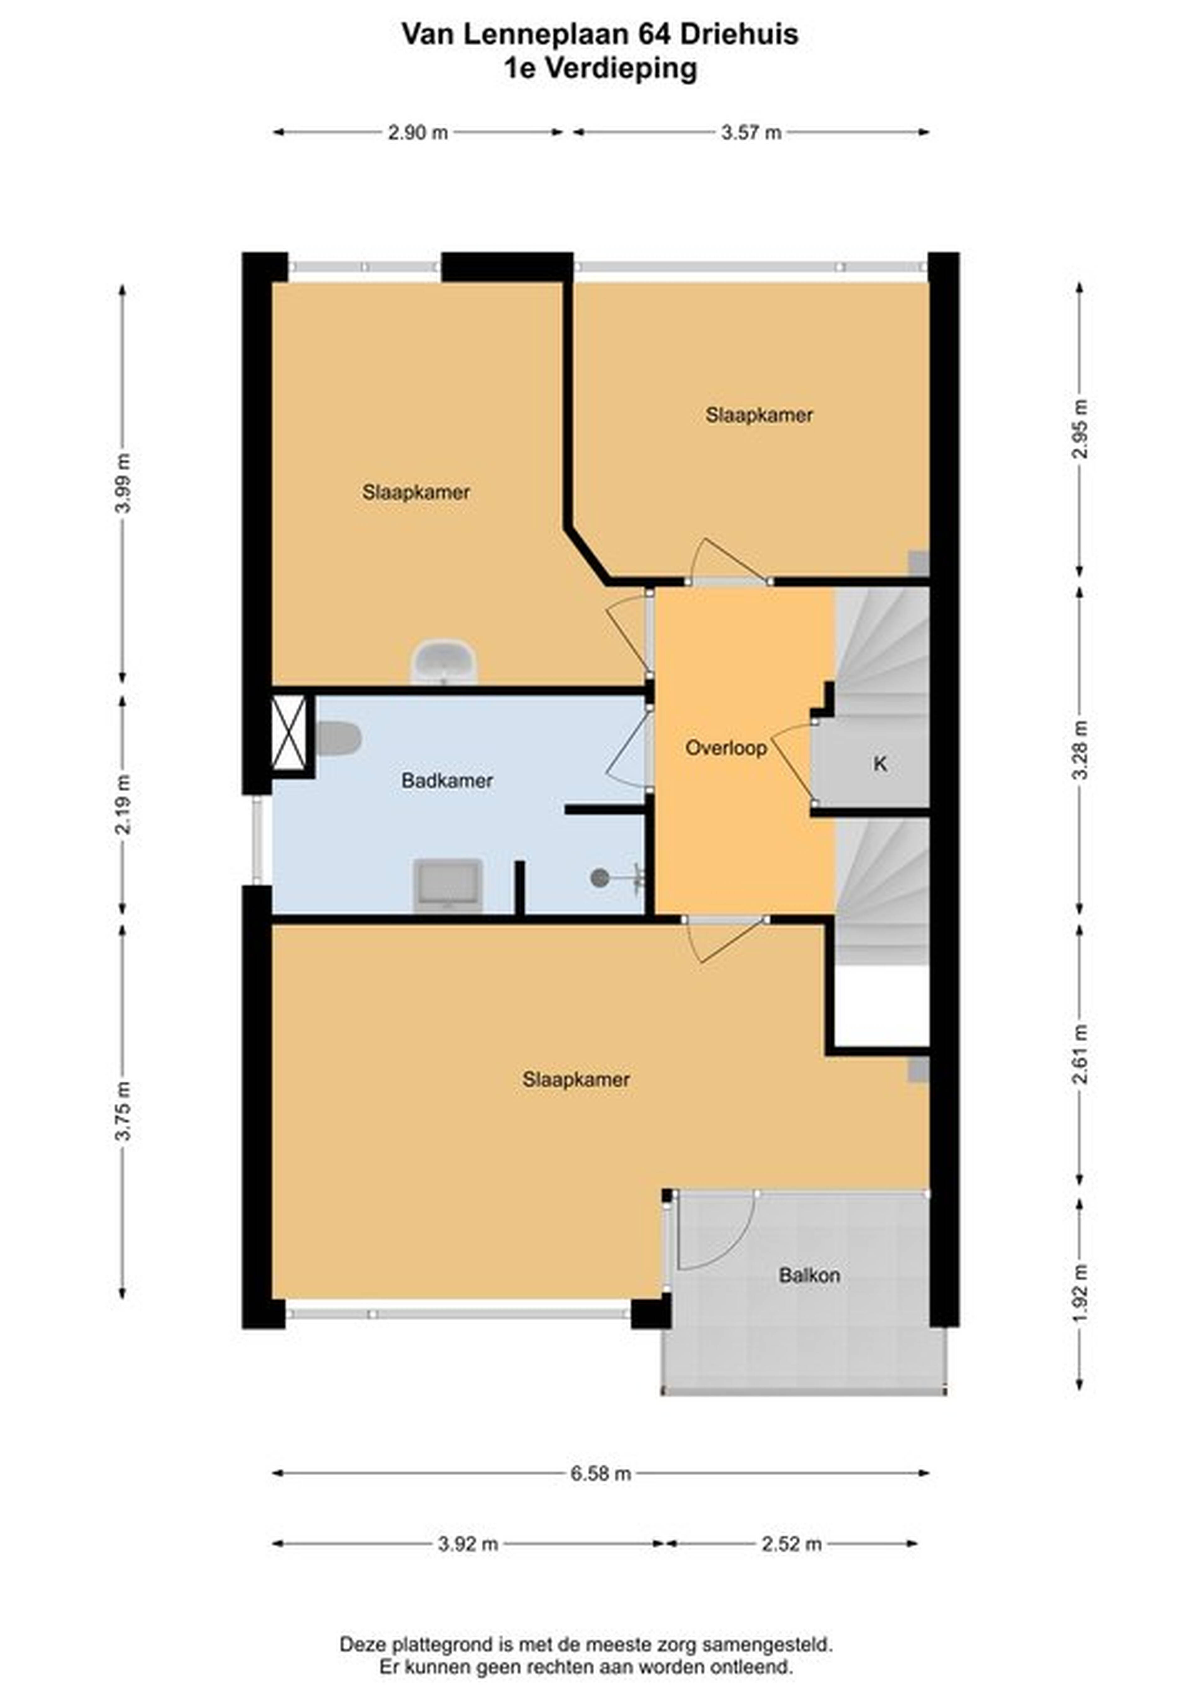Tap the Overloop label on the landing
coord(726,748)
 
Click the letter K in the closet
coord(880,763)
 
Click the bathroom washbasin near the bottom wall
coord(447,886)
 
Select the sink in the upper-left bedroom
coord(444,661)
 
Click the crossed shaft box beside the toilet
coord(289,732)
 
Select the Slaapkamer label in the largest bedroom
coord(575,1080)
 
